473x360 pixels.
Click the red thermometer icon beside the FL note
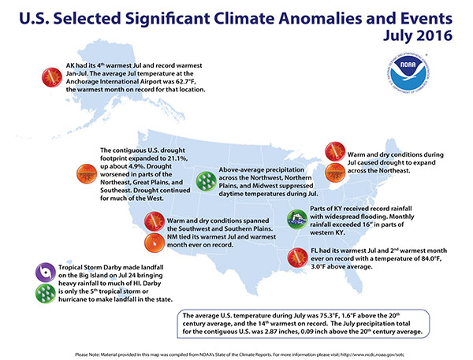point(296,258)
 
